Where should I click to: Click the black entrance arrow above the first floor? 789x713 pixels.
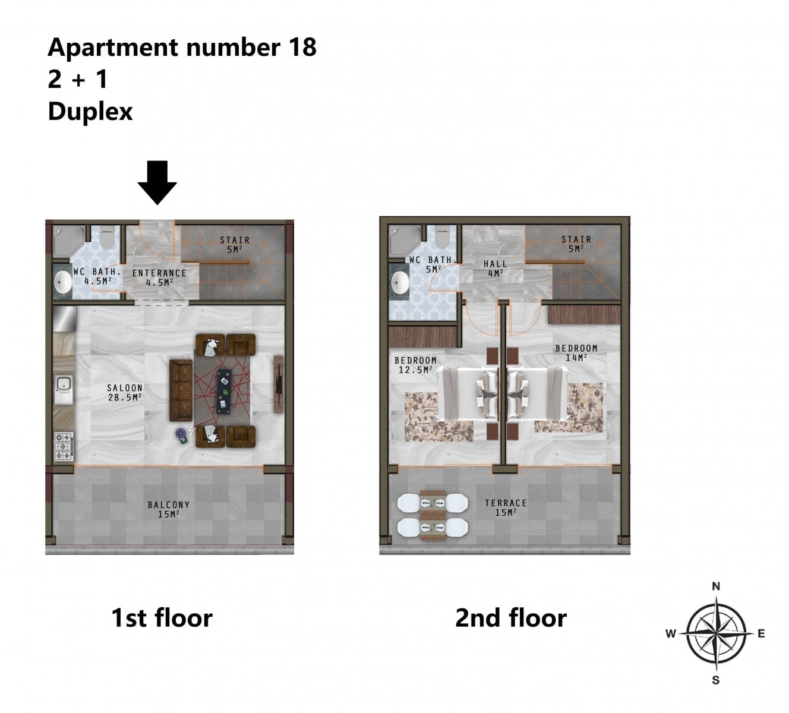(x=157, y=182)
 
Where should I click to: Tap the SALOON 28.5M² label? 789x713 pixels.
(x=125, y=393)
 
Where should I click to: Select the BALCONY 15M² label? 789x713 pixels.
(x=169, y=509)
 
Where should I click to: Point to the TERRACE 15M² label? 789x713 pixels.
(x=506, y=507)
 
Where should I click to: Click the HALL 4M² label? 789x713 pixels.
(x=495, y=269)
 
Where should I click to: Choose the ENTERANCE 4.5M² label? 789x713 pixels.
(x=159, y=278)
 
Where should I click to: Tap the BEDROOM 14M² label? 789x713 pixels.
(x=576, y=353)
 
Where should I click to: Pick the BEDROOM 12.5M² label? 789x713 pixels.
(x=415, y=365)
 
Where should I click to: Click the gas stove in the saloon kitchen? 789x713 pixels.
(x=64, y=447)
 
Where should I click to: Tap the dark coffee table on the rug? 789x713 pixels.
(x=225, y=392)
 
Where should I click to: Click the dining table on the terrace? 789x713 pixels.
(x=433, y=515)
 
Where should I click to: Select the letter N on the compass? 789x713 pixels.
(x=716, y=586)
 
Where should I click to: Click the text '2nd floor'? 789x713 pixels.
(x=511, y=618)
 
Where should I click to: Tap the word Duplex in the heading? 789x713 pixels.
(x=90, y=112)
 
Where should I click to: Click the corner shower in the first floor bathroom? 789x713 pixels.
(x=68, y=241)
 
